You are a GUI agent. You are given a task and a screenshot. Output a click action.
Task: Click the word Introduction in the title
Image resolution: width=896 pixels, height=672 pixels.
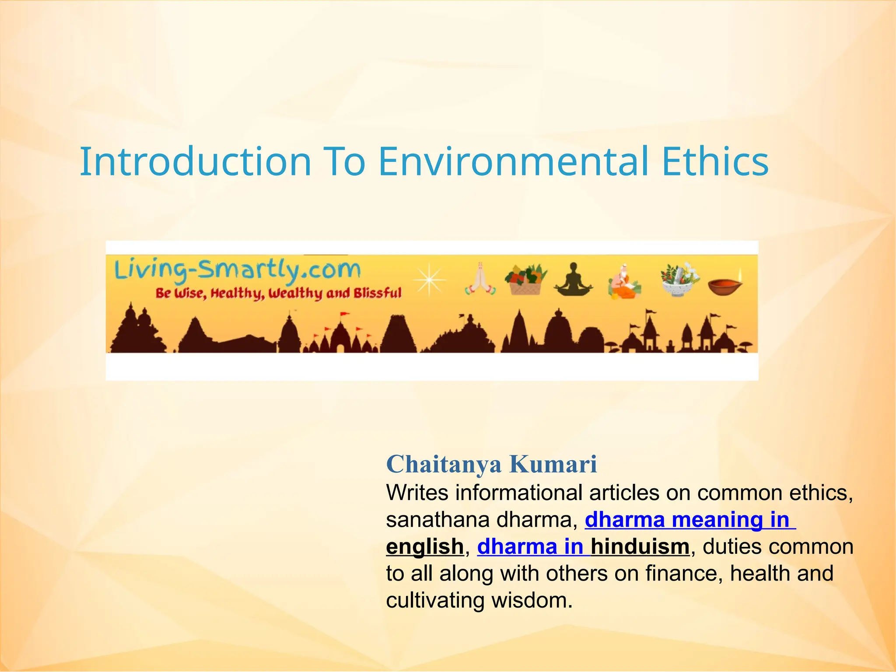coord(195,162)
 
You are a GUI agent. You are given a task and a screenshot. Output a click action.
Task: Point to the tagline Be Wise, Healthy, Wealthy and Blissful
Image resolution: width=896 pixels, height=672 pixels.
coord(278,293)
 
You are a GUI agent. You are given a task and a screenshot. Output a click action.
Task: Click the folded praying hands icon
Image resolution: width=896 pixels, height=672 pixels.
coord(480,279)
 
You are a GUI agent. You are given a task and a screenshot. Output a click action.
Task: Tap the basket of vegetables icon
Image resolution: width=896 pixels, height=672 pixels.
coord(525,280)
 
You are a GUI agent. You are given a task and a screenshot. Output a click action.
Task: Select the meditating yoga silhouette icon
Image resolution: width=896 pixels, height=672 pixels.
coord(573,280)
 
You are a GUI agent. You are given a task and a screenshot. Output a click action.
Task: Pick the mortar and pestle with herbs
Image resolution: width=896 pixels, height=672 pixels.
coord(679,280)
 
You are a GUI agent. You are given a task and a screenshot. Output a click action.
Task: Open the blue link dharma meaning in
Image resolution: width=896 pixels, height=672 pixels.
coord(689,520)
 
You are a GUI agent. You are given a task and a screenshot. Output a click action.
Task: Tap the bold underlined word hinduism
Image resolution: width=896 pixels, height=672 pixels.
coord(640,547)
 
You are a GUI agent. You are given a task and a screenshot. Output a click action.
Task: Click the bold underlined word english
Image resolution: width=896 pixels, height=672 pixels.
coord(424,547)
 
